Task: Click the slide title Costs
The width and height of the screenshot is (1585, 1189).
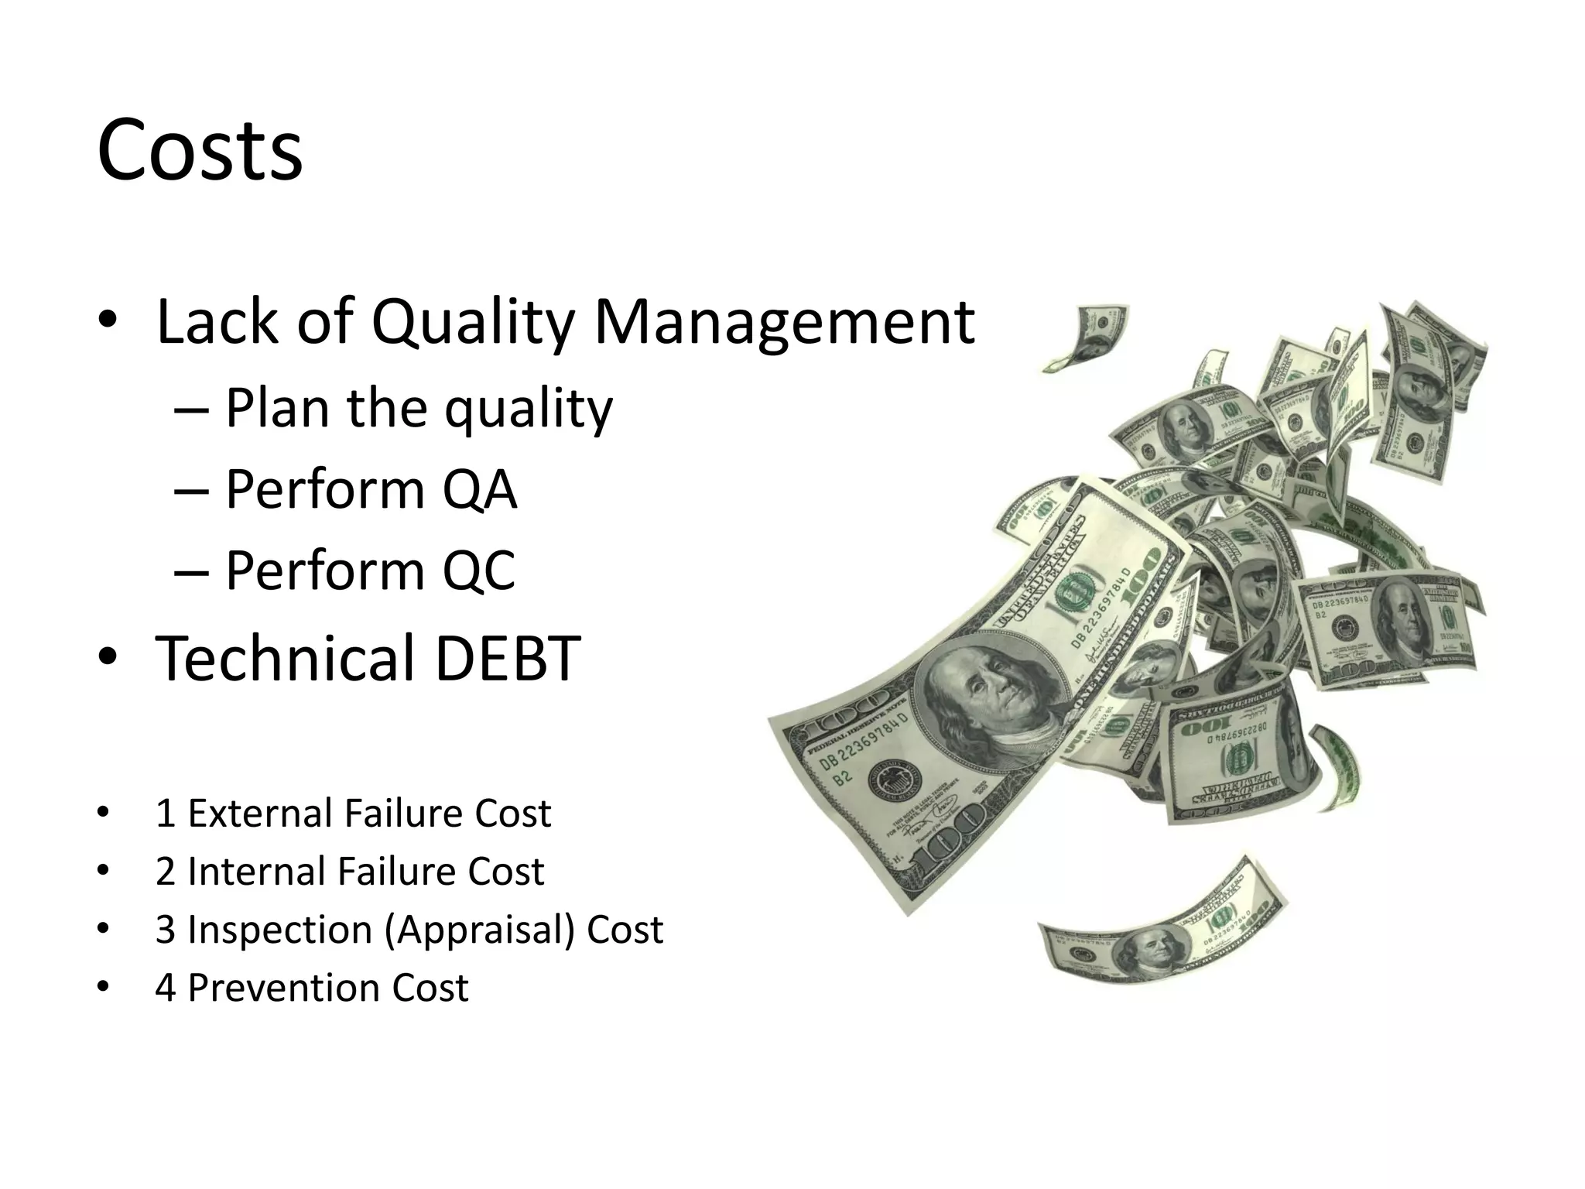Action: coord(200,149)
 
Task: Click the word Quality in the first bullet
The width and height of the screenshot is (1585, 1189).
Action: coord(472,321)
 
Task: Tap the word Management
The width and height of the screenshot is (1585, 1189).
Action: coord(783,321)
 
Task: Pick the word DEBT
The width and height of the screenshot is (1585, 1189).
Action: coord(508,658)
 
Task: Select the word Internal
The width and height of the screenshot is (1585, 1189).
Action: coord(257,872)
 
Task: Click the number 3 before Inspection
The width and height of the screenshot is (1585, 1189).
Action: coord(166,930)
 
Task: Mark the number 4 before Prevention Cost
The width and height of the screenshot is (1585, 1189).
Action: coord(166,988)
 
